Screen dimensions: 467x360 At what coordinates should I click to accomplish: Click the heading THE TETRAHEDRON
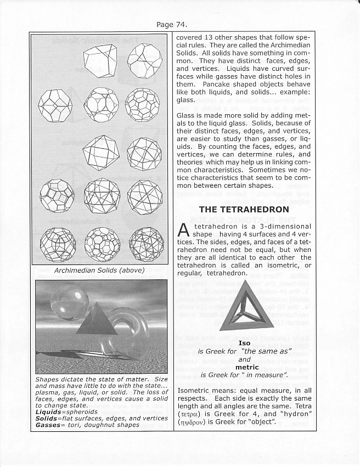[244, 209]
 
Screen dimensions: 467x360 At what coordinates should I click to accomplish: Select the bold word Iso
[244, 343]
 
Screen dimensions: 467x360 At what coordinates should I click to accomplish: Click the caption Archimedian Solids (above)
[99, 271]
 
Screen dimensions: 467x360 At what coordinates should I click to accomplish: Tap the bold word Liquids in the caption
[48, 411]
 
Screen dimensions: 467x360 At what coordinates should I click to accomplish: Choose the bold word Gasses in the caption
[50, 425]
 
